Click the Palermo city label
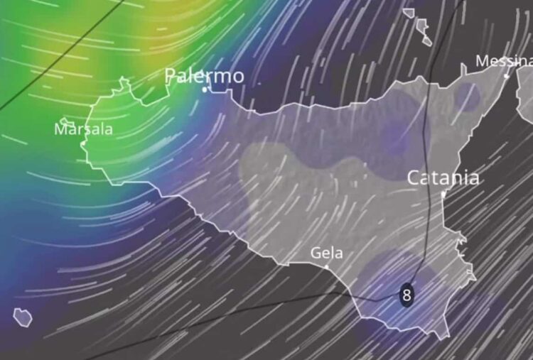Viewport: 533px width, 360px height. [x=204, y=75]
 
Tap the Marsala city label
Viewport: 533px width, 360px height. [x=83, y=129]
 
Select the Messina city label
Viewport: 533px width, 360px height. [x=504, y=62]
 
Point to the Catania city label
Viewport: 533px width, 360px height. [x=443, y=178]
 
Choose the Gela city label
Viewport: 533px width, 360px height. [x=327, y=253]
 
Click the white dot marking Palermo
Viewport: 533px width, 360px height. [x=204, y=89]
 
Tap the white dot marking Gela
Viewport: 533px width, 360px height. [x=327, y=266]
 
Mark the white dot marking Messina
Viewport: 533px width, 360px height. [x=507, y=75]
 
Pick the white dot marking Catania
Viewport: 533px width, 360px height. [x=443, y=193]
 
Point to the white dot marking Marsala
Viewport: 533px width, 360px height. [x=84, y=143]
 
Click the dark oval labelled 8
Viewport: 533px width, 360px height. [x=407, y=294]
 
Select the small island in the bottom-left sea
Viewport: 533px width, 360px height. [x=23, y=317]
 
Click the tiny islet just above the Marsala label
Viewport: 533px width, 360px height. [x=65, y=121]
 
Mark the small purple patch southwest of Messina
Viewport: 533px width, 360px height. [x=468, y=96]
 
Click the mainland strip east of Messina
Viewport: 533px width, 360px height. [x=525, y=92]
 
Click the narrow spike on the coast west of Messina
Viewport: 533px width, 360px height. [x=463, y=68]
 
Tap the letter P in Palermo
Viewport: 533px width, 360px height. [x=171, y=76]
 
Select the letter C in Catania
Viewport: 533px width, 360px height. [x=414, y=178]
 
